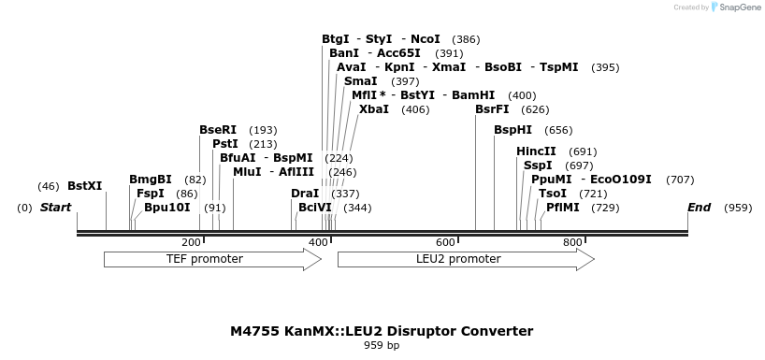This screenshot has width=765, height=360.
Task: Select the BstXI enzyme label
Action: tap(84, 186)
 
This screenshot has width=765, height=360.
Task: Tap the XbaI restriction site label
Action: tap(373, 109)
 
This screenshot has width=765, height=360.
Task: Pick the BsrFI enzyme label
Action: tap(492, 109)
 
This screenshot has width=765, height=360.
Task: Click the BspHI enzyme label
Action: tap(512, 130)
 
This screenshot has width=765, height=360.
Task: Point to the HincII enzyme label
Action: tap(536, 151)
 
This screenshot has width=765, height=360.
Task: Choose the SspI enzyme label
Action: tap(538, 166)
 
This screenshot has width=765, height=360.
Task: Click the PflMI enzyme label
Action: tap(562, 208)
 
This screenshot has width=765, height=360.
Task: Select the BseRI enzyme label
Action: tap(218, 130)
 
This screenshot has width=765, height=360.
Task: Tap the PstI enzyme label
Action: tap(224, 144)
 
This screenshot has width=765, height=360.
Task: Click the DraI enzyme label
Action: tap(305, 194)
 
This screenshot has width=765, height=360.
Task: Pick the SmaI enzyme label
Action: tap(361, 81)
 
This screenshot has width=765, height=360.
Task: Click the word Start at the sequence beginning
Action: tap(55, 208)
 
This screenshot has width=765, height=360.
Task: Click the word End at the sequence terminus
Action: tap(699, 208)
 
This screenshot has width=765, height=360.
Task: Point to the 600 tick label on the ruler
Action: tap(445, 243)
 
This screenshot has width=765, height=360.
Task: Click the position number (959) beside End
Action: tap(738, 208)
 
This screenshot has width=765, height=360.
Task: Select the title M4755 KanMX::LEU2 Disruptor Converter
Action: tap(382, 331)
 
